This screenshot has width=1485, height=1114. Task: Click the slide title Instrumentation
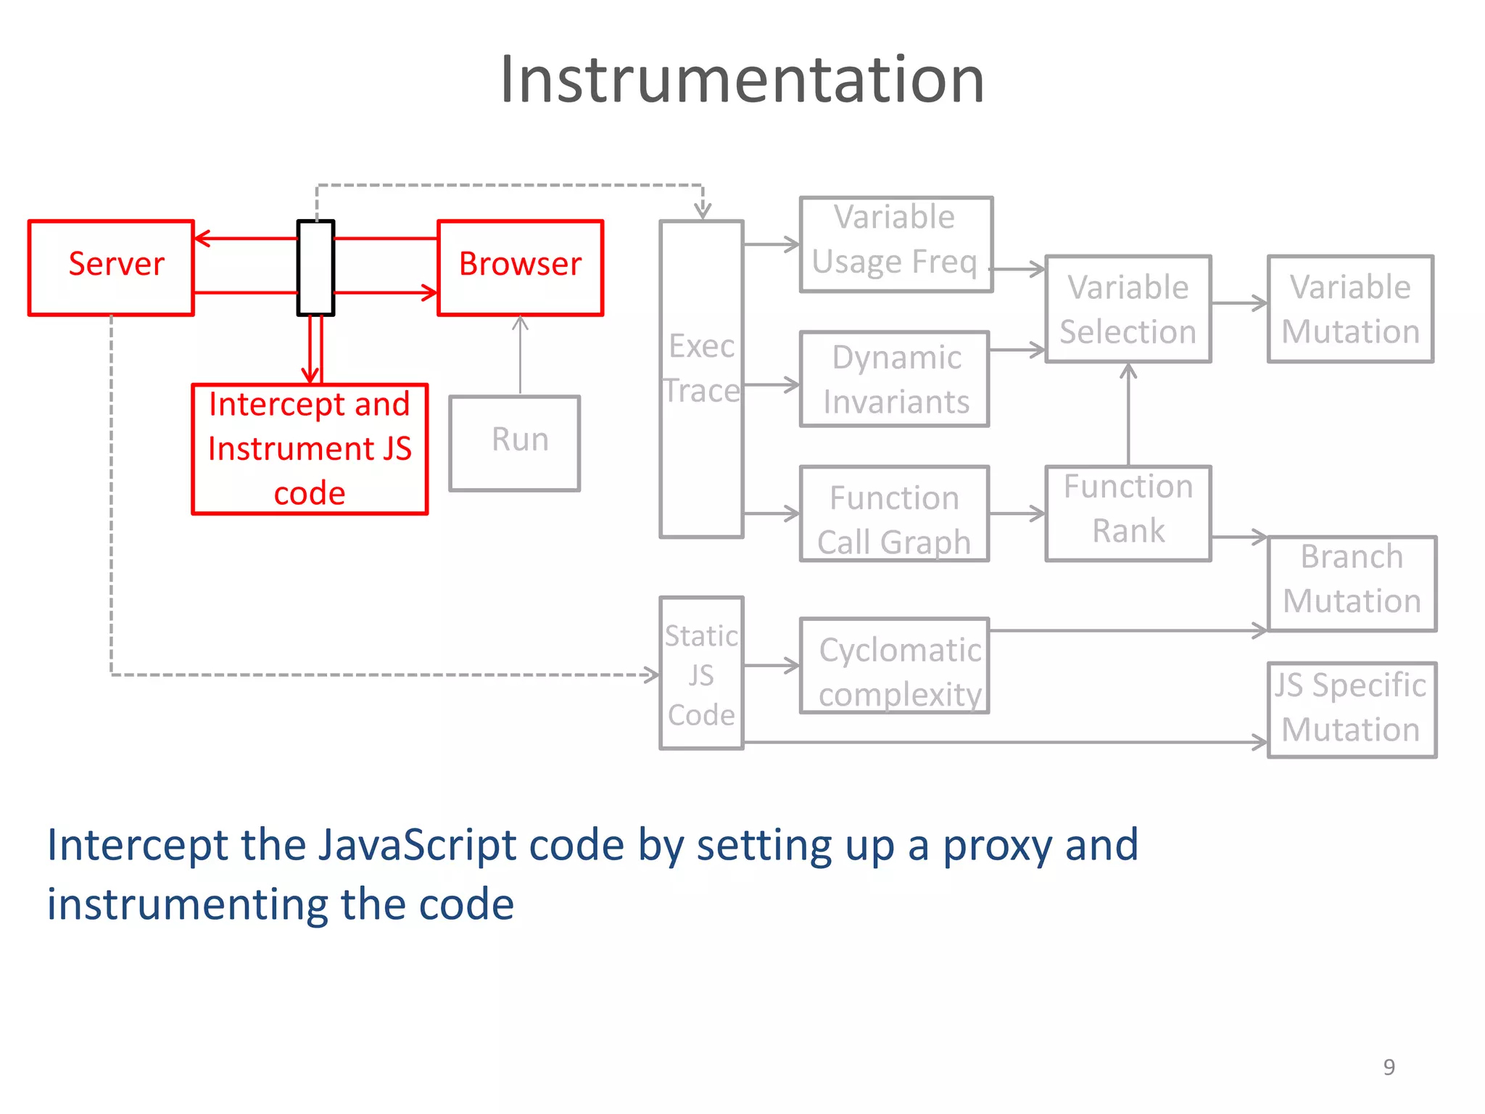tap(742, 80)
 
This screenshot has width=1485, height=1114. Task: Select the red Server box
tap(111, 267)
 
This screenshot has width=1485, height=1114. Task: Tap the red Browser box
tap(520, 267)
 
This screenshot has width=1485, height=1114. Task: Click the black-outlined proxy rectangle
tap(315, 267)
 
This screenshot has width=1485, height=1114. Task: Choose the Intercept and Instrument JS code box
tap(310, 449)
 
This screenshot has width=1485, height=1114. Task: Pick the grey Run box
tap(514, 442)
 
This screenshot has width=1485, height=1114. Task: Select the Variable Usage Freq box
tap(895, 244)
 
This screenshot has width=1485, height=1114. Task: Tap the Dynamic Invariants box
tap(894, 379)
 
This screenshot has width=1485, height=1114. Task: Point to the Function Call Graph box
tap(894, 513)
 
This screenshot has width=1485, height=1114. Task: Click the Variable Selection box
tap(1128, 308)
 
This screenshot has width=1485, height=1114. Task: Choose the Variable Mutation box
tap(1350, 308)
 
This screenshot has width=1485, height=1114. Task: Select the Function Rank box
tap(1128, 513)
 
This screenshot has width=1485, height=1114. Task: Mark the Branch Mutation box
tap(1352, 583)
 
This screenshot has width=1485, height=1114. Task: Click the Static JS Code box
tap(701, 673)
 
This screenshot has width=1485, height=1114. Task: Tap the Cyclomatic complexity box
tap(894, 666)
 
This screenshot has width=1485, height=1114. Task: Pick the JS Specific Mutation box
tap(1352, 709)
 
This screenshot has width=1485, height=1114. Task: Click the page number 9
tap(1389, 1067)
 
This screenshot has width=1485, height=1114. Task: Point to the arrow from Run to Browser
tap(520, 355)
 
